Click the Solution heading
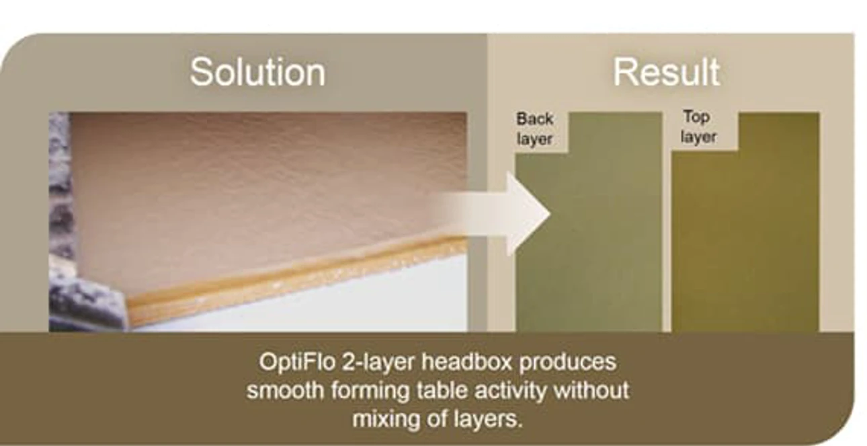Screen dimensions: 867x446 pos(257,72)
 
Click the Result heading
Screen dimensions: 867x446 pos(666,72)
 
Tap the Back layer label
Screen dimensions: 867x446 pos(534,129)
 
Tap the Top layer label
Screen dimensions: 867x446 pos(698,127)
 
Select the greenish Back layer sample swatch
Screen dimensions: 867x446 pos(588,233)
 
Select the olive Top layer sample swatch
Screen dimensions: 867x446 pos(745,233)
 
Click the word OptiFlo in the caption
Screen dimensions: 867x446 pos(297,363)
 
